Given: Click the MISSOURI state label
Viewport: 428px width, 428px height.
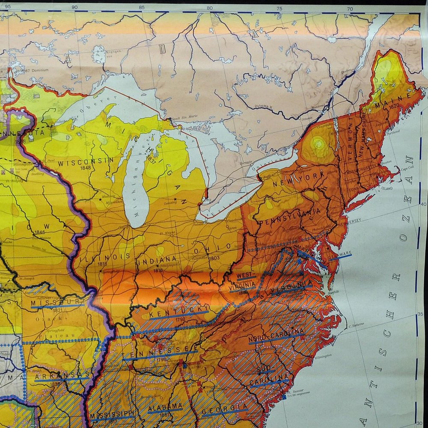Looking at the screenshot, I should [x=56, y=303].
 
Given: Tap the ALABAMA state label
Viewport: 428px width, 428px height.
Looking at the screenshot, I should [x=165, y=407].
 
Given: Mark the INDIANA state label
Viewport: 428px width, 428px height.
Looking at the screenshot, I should [x=157, y=259].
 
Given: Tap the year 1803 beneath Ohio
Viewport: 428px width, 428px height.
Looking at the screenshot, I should [x=214, y=258].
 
